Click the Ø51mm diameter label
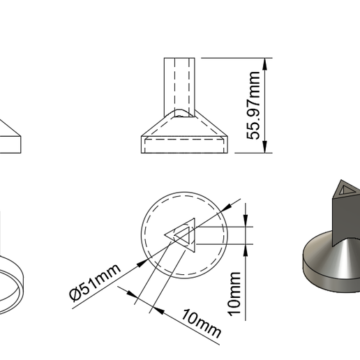(96, 281)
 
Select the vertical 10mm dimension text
(236, 293)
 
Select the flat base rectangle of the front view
(185, 145)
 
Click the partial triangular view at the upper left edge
(11, 136)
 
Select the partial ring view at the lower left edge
(14, 286)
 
